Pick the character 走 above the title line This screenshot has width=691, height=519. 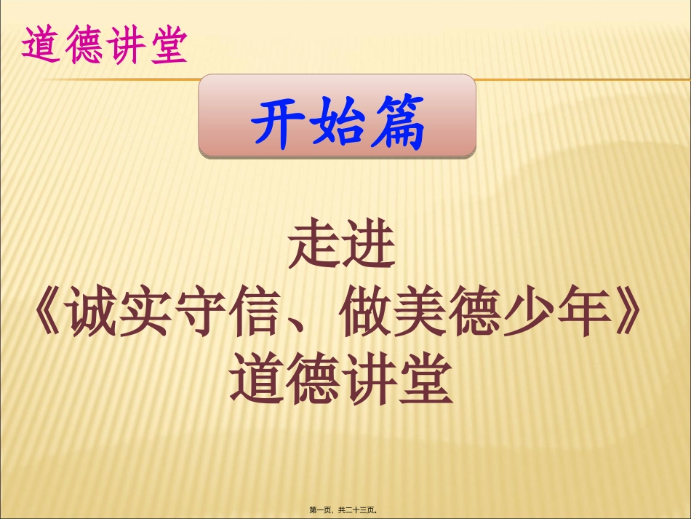315,247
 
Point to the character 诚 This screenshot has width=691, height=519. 92,314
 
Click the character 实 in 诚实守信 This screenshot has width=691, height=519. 146,314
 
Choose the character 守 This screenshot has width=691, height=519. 201,314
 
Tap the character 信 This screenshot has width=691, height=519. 255,314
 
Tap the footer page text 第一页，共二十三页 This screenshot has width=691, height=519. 346,510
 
